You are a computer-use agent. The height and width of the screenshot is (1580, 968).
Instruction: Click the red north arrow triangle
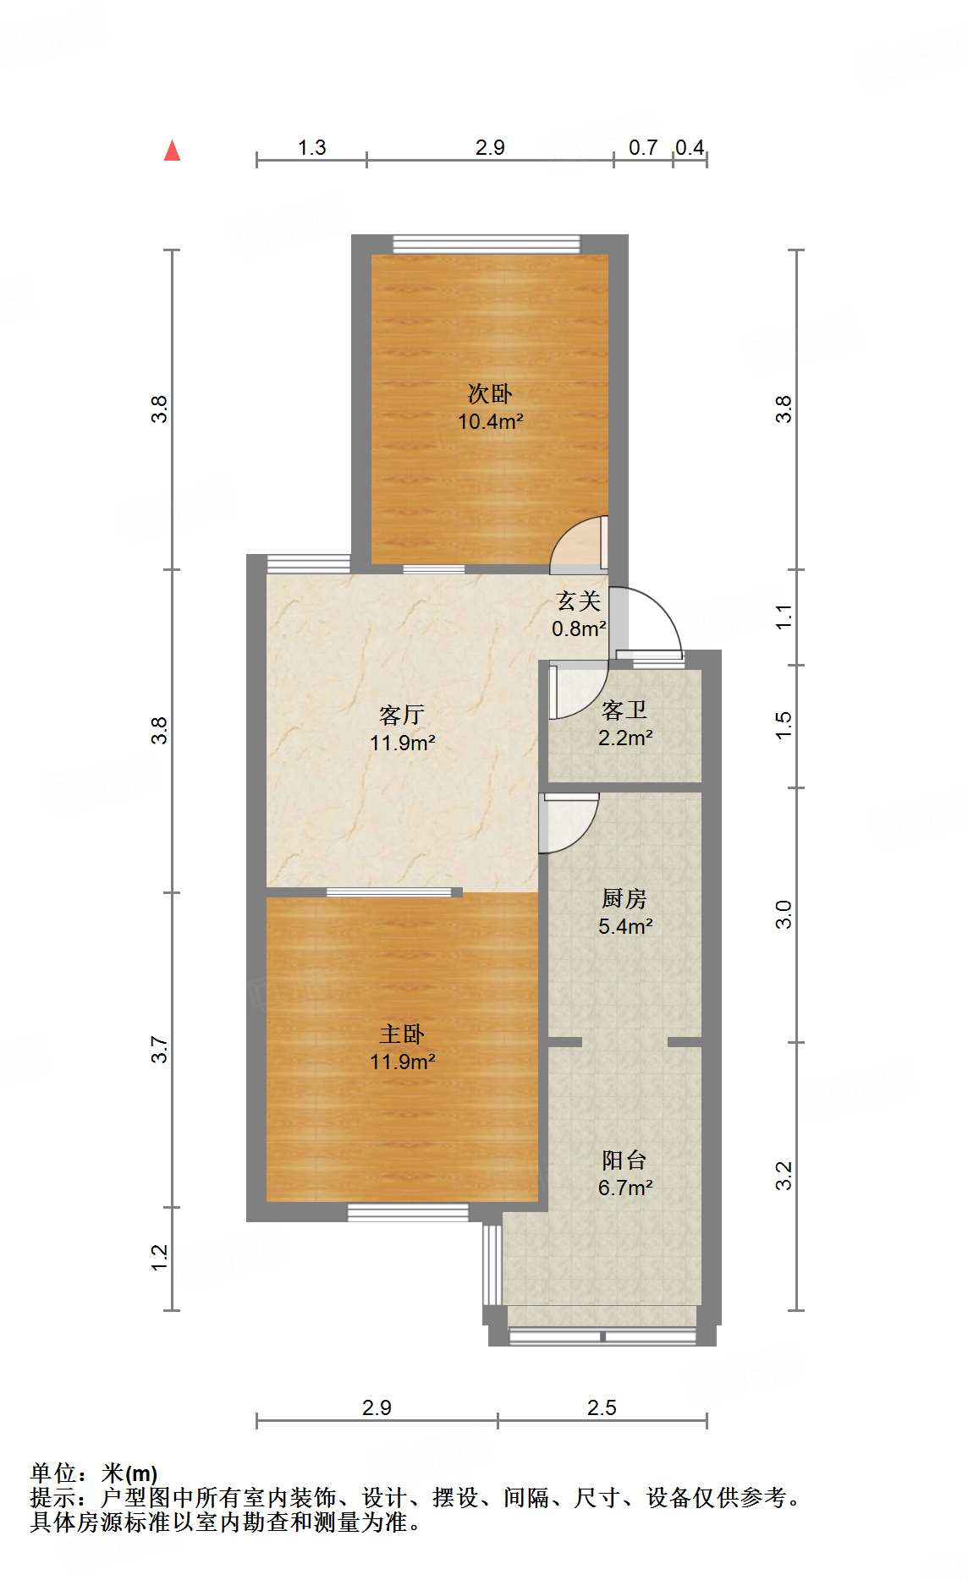tap(173, 151)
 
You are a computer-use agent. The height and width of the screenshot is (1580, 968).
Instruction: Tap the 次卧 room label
tap(490, 393)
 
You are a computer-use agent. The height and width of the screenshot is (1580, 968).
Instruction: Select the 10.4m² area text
tap(490, 421)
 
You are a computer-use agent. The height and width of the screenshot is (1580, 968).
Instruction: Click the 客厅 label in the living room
tap(402, 715)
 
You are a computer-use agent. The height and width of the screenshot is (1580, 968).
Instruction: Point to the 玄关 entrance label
tap(579, 601)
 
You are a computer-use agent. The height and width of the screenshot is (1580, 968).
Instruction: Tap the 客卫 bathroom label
tap(624, 710)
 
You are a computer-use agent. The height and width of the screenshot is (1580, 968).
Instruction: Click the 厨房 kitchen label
tap(624, 898)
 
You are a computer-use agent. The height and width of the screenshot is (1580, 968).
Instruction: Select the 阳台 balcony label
tap(624, 1160)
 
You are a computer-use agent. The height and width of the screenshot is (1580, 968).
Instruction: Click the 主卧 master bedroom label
tap(402, 1034)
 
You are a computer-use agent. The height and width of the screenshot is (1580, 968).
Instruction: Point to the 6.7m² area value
tap(624, 1188)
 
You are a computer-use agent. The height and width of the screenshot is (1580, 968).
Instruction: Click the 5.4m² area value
tap(624, 926)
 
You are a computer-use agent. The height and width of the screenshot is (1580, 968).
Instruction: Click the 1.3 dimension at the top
tap(311, 148)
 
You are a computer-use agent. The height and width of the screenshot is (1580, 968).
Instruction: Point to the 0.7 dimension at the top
tap(643, 148)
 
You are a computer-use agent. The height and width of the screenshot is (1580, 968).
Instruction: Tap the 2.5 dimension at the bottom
tap(602, 1407)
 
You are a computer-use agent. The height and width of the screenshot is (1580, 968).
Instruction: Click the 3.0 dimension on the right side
tap(784, 914)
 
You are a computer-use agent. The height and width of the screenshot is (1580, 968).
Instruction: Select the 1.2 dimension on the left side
tap(160, 1258)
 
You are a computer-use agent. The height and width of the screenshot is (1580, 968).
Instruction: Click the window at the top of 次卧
tap(487, 244)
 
